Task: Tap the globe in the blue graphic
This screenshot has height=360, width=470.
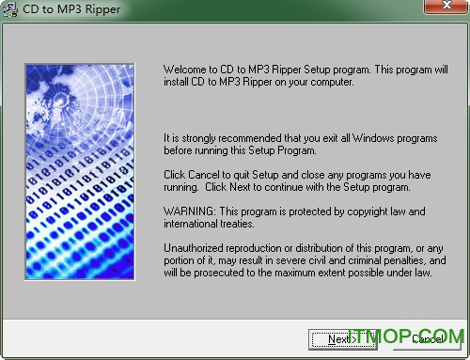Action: tap(56, 94)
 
